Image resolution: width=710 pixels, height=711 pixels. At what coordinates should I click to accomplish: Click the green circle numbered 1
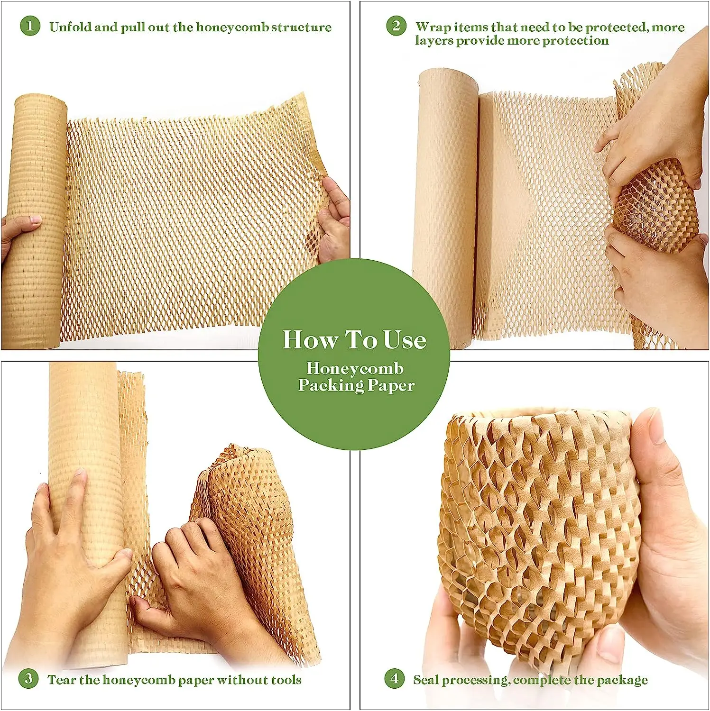(x=30, y=26)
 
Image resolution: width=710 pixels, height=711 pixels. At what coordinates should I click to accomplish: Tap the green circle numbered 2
(x=396, y=26)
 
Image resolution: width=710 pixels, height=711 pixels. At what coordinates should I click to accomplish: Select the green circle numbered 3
(x=28, y=679)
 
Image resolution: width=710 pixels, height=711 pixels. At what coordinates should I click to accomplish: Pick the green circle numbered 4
(x=394, y=679)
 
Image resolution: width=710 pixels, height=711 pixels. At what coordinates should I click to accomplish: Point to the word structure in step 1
(x=304, y=27)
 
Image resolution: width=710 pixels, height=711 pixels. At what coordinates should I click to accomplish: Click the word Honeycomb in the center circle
(x=355, y=368)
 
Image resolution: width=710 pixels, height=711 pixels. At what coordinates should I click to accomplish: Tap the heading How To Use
(x=354, y=340)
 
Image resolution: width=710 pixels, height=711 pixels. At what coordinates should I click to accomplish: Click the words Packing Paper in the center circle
(x=356, y=385)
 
